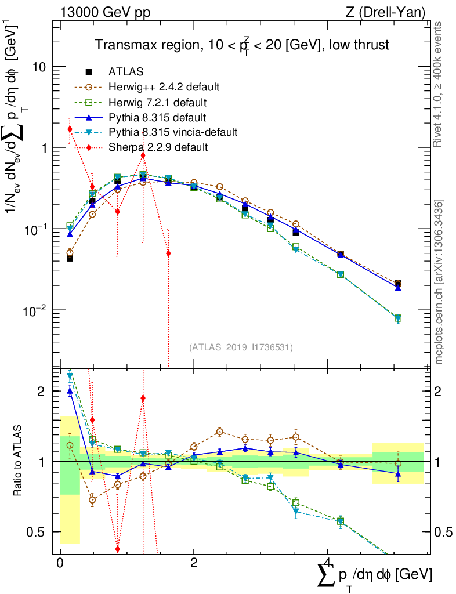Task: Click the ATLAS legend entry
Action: pos(125,72)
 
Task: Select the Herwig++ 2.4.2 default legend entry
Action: pos(164,87)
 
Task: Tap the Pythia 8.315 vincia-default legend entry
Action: pos(173,132)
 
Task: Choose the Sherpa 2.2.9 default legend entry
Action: pos(158,147)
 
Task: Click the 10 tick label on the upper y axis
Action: pos(39,67)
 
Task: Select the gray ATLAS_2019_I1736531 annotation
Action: pos(241,347)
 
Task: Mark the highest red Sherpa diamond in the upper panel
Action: pos(70,129)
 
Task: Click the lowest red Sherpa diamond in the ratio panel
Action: pos(118,549)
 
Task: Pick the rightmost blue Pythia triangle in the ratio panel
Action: pos(397,474)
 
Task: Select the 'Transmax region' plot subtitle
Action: pos(241,45)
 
